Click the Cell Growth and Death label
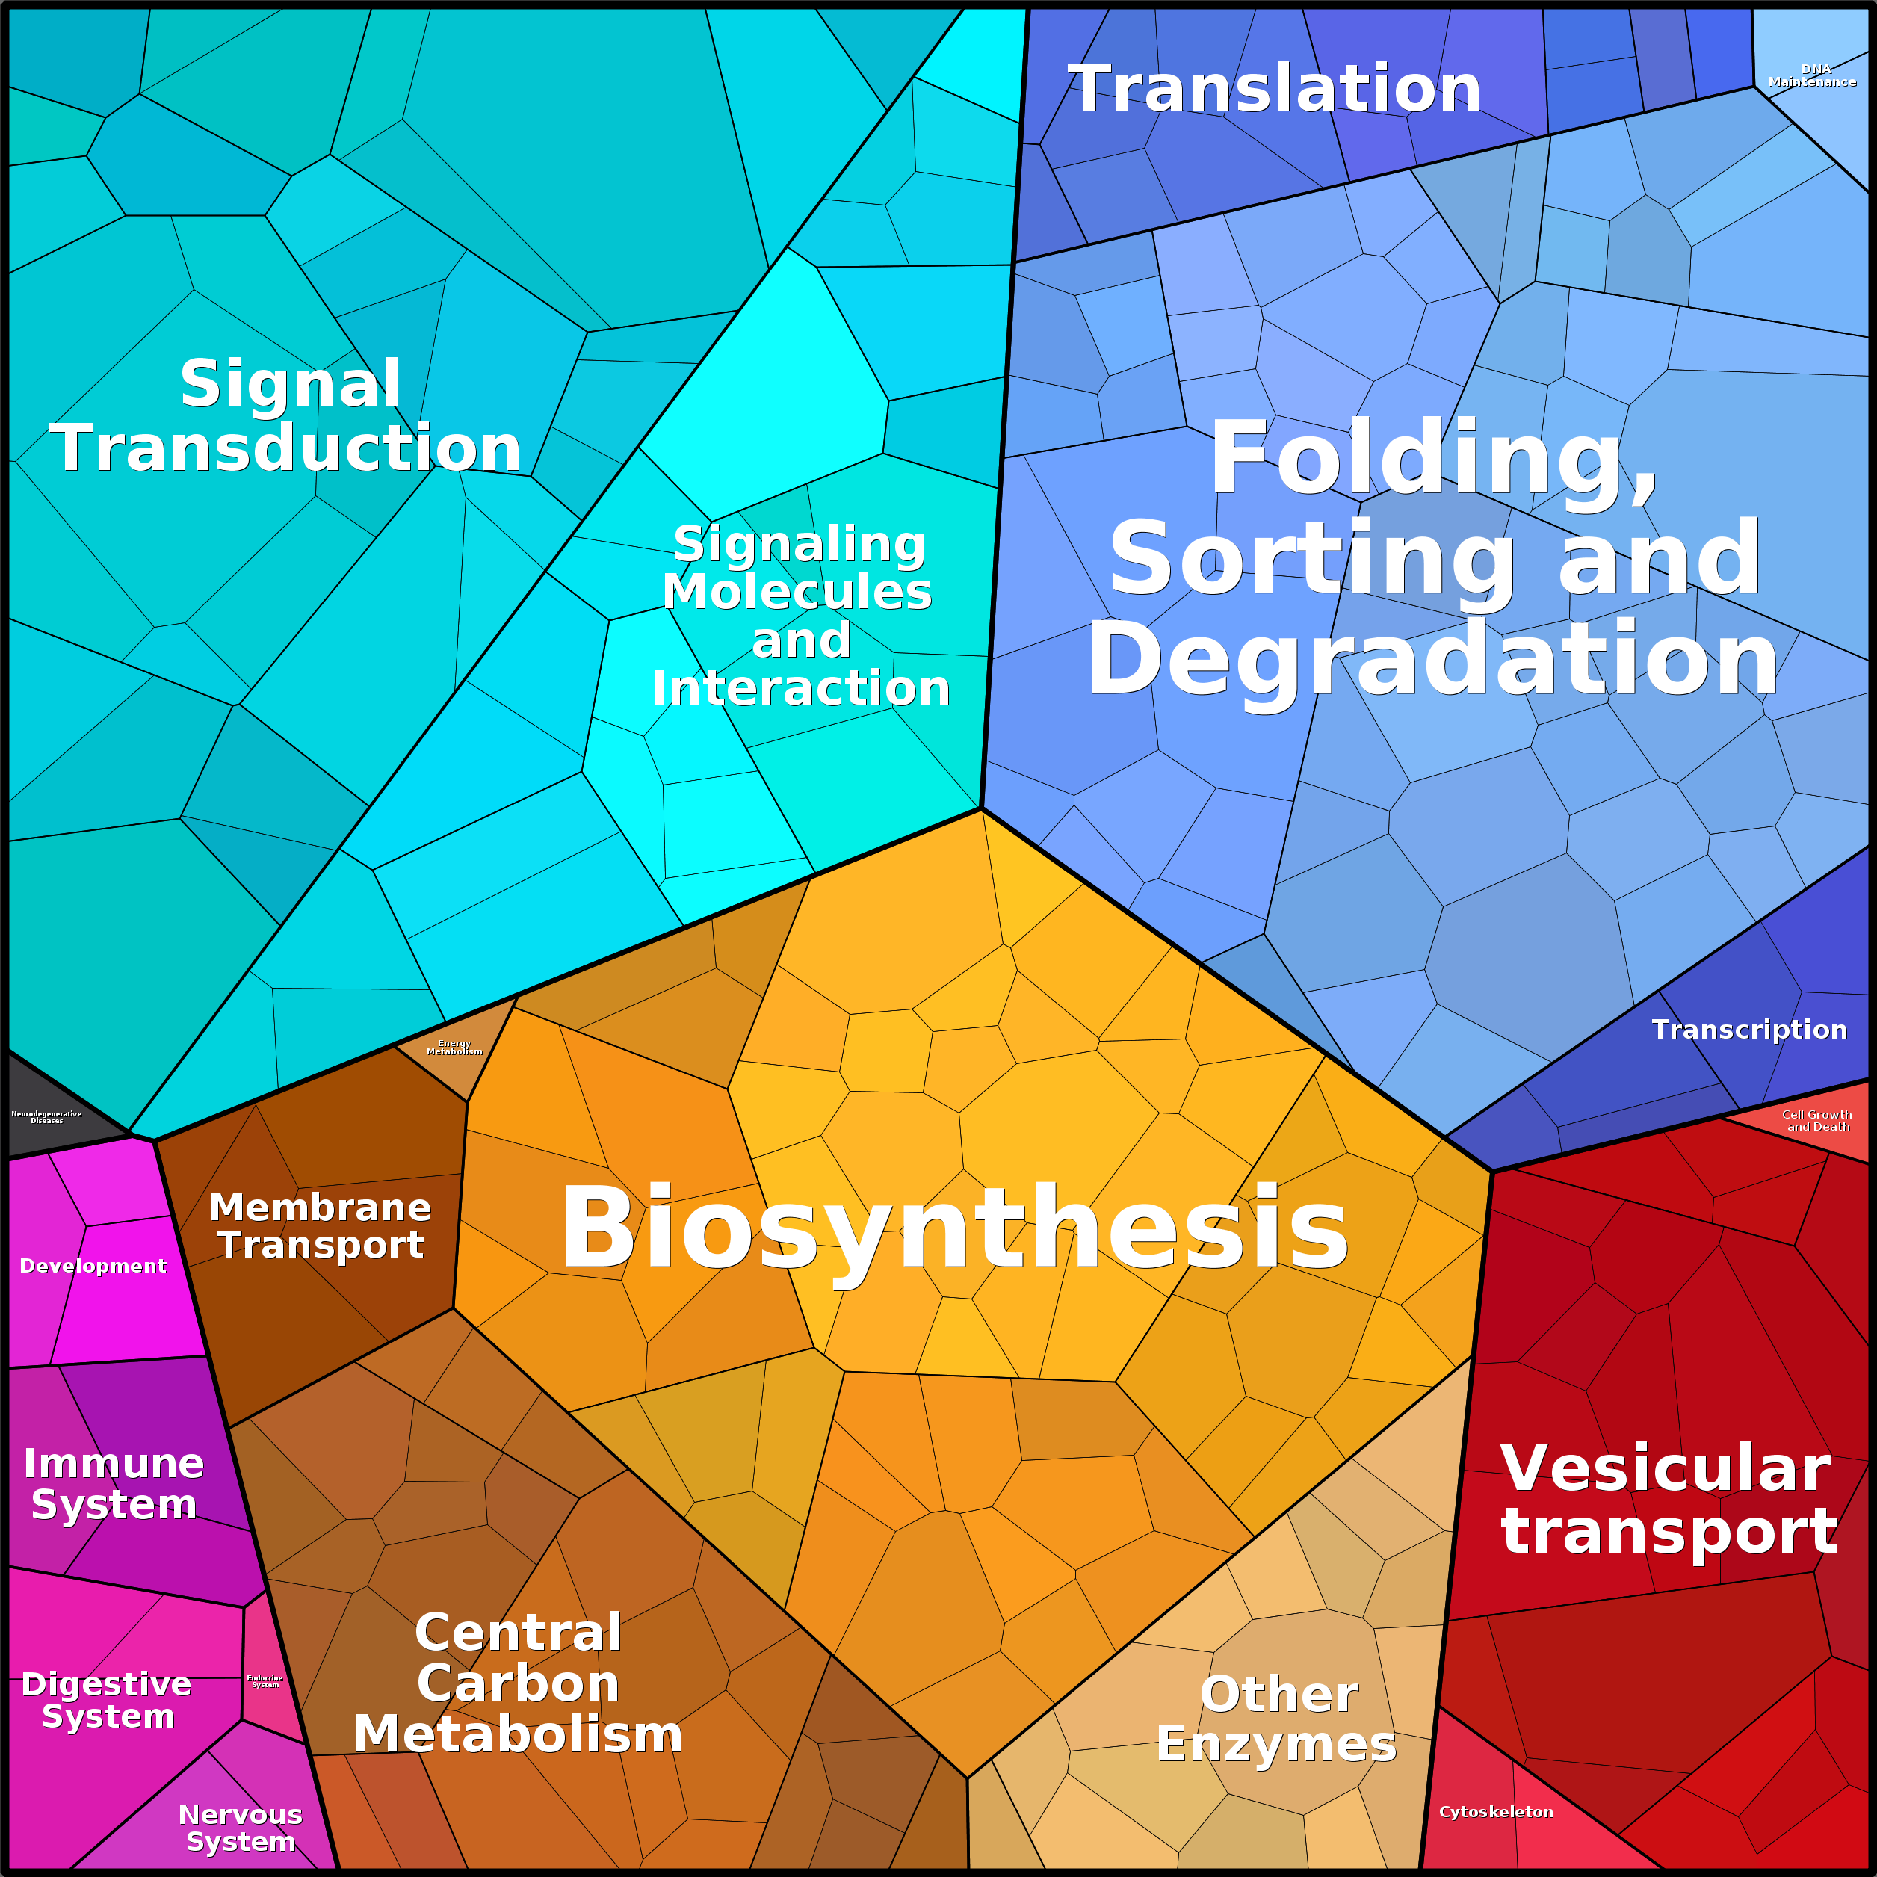pos(1816,1120)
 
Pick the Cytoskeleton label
pos(1496,1812)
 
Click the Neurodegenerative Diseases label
pos(46,1117)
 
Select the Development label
pos(93,1266)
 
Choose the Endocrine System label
pos(265,1680)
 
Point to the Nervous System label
pos(241,1828)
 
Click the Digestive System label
pos(107,1700)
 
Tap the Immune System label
pos(114,1483)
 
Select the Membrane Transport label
pos(321,1226)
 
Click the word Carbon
pos(518,1683)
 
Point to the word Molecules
pos(797,592)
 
